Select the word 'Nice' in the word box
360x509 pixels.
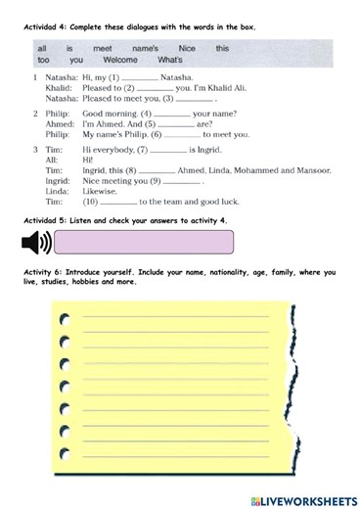click(x=181, y=46)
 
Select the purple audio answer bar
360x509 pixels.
click(x=146, y=243)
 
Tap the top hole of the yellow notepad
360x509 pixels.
click(x=65, y=317)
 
